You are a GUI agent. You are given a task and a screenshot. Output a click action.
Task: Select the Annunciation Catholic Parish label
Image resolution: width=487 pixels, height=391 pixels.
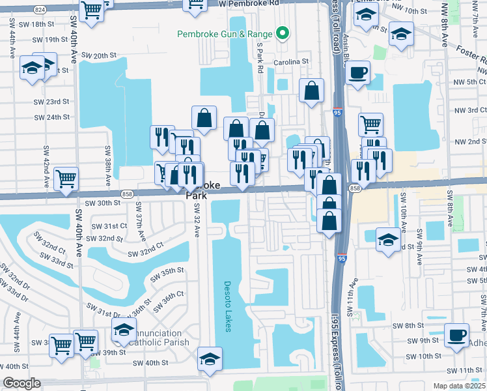[x=159, y=338]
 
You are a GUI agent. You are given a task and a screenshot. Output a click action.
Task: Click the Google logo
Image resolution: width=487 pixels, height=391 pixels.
[x=21, y=383]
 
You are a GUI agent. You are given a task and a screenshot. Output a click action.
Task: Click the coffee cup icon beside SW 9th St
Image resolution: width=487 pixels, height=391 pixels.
[x=456, y=335]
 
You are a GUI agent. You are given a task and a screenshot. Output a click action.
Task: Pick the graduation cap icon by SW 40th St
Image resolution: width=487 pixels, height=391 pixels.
[x=210, y=359]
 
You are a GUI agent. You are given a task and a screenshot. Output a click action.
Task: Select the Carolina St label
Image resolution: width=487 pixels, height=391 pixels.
[x=290, y=62]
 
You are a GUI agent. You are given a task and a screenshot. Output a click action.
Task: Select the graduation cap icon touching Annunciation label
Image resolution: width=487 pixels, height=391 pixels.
[x=124, y=330]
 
